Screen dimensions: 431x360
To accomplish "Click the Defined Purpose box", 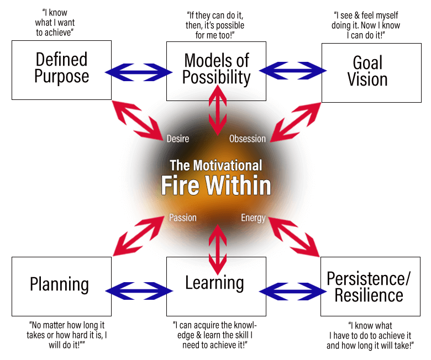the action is (x=61, y=70).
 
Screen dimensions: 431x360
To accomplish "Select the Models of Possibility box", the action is (x=216, y=71).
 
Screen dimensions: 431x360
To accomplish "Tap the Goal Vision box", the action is (x=371, y=73).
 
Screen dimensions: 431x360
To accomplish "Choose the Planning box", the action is (x=61, y=287).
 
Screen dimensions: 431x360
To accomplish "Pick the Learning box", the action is (x=216, y=287).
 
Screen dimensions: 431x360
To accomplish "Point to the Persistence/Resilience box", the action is (x=370, y=287).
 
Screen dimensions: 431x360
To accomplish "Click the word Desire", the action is (x=178, y=139).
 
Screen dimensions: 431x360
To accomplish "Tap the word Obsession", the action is (x=248, y=139).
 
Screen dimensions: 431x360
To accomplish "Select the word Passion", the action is (x=183, y=218).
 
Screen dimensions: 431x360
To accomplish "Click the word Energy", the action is (x=253, y=218).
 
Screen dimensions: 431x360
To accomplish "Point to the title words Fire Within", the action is (x=216, y=185).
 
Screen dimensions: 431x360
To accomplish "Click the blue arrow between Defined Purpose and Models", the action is (x=139, y=72).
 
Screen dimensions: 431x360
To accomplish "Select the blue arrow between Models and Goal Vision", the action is (x=293, y=71).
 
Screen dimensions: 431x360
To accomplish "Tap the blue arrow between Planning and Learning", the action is (x=139, y=291).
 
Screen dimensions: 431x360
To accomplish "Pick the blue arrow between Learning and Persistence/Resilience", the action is (x=293, y=292).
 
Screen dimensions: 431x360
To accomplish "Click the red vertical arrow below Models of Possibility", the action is (x=218, y=110).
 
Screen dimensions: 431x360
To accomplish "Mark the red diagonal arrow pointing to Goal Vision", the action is (x=296, y=122).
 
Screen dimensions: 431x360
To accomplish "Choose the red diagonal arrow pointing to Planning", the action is (x=139, y=236).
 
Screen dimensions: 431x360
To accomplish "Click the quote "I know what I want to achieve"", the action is (x=55, y=23).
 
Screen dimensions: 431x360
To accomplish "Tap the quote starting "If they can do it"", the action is (x=215, y=25).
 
